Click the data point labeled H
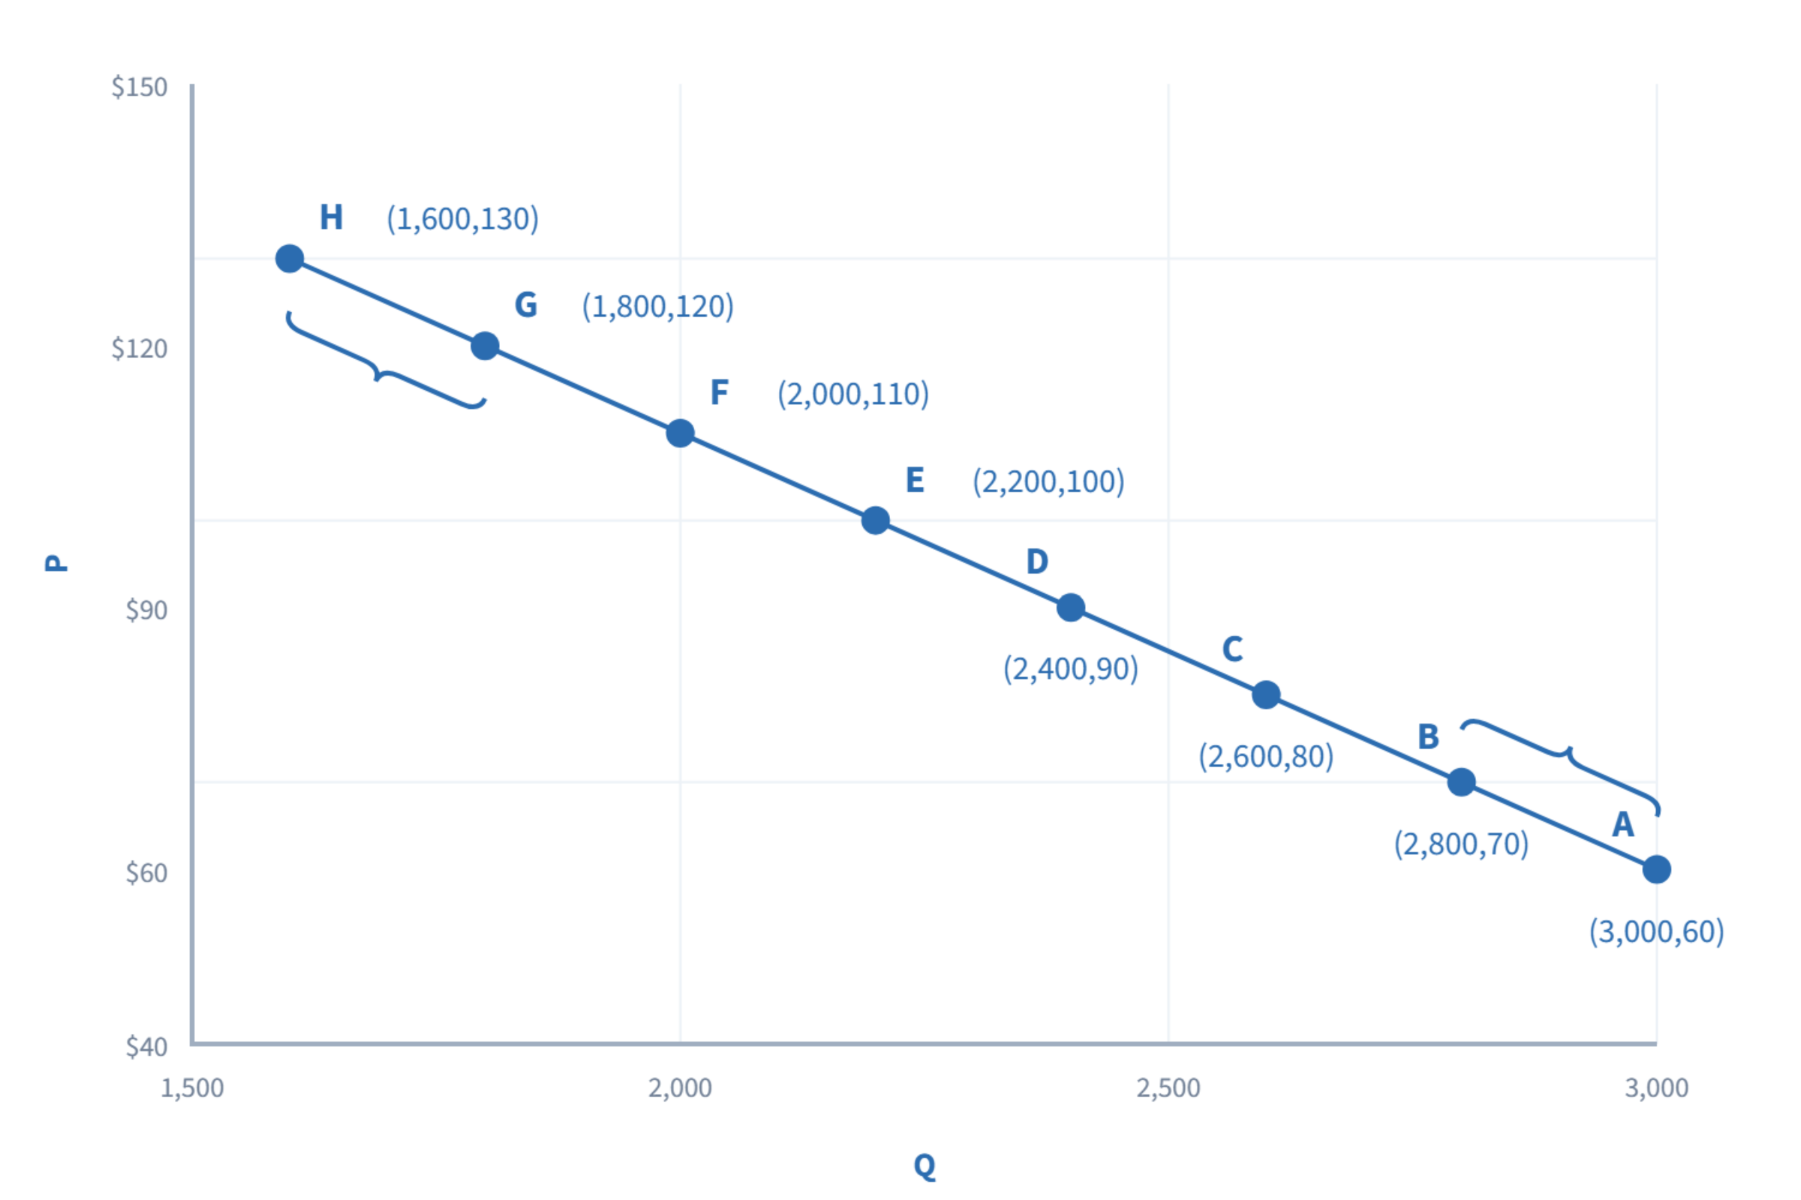[290, 259]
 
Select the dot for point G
[485, 346]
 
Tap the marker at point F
[680, 433]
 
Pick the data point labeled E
[875, 520]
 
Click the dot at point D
[1071, 607]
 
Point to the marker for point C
[1266, 695]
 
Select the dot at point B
[1461, 782]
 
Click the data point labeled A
[1656, 869]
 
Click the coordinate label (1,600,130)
[462, 219]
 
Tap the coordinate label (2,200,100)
[1048, 482]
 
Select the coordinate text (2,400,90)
[1071, 669]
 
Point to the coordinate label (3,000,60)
[1656, 932]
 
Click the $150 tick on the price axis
[140, 86]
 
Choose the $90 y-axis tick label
[146, 610]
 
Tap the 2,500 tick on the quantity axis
[1168, 1087]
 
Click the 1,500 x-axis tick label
[191, 1087]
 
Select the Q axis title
[925, 1166]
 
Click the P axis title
[56, 562]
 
